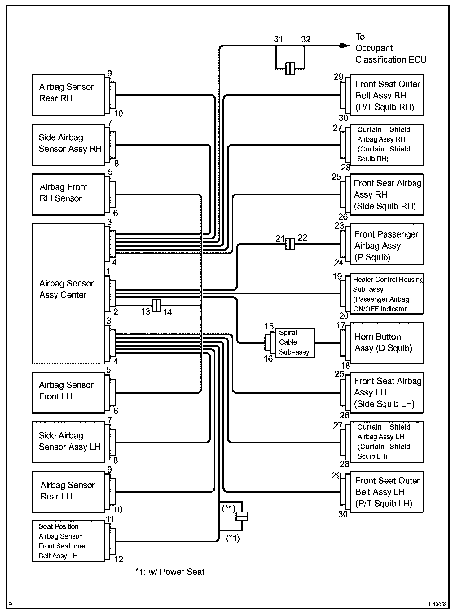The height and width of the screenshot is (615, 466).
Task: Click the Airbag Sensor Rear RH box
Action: [x=68, y=95]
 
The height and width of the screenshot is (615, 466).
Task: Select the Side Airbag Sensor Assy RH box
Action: [x=68, y=145]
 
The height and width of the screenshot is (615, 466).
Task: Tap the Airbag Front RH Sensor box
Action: [x=68, y=194]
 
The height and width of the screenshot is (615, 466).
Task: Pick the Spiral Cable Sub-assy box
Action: [x=295, y=342]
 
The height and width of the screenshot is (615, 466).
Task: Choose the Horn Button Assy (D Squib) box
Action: [x=386, y=343]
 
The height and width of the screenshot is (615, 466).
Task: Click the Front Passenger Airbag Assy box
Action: [x=386, y=244]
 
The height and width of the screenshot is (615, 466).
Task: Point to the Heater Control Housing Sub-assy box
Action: [x=386, y=294]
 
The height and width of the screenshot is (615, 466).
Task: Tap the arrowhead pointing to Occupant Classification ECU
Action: [x=345, y=46]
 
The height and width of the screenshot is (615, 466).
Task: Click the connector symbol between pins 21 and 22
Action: [x=290, y=244]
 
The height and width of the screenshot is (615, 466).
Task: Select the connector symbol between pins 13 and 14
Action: [x=157, y=306]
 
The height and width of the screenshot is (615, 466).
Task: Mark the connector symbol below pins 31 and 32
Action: [x=290, y=68]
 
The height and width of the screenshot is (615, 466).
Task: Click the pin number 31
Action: [x=278, y=39]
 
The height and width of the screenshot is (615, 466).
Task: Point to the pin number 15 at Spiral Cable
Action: [x=269, y=326]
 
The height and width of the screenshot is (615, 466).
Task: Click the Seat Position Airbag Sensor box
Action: [x=68, y=541]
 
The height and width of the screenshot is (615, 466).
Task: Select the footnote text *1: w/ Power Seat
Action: [x=170, y=572]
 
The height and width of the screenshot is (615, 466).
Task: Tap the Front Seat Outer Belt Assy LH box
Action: [x=386, y=492]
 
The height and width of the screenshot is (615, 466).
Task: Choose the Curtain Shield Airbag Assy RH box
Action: [x=386, y=145]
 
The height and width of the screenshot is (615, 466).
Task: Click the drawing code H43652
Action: [x=437, y=604]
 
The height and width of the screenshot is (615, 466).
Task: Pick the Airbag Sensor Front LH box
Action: [x=68, y=392]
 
